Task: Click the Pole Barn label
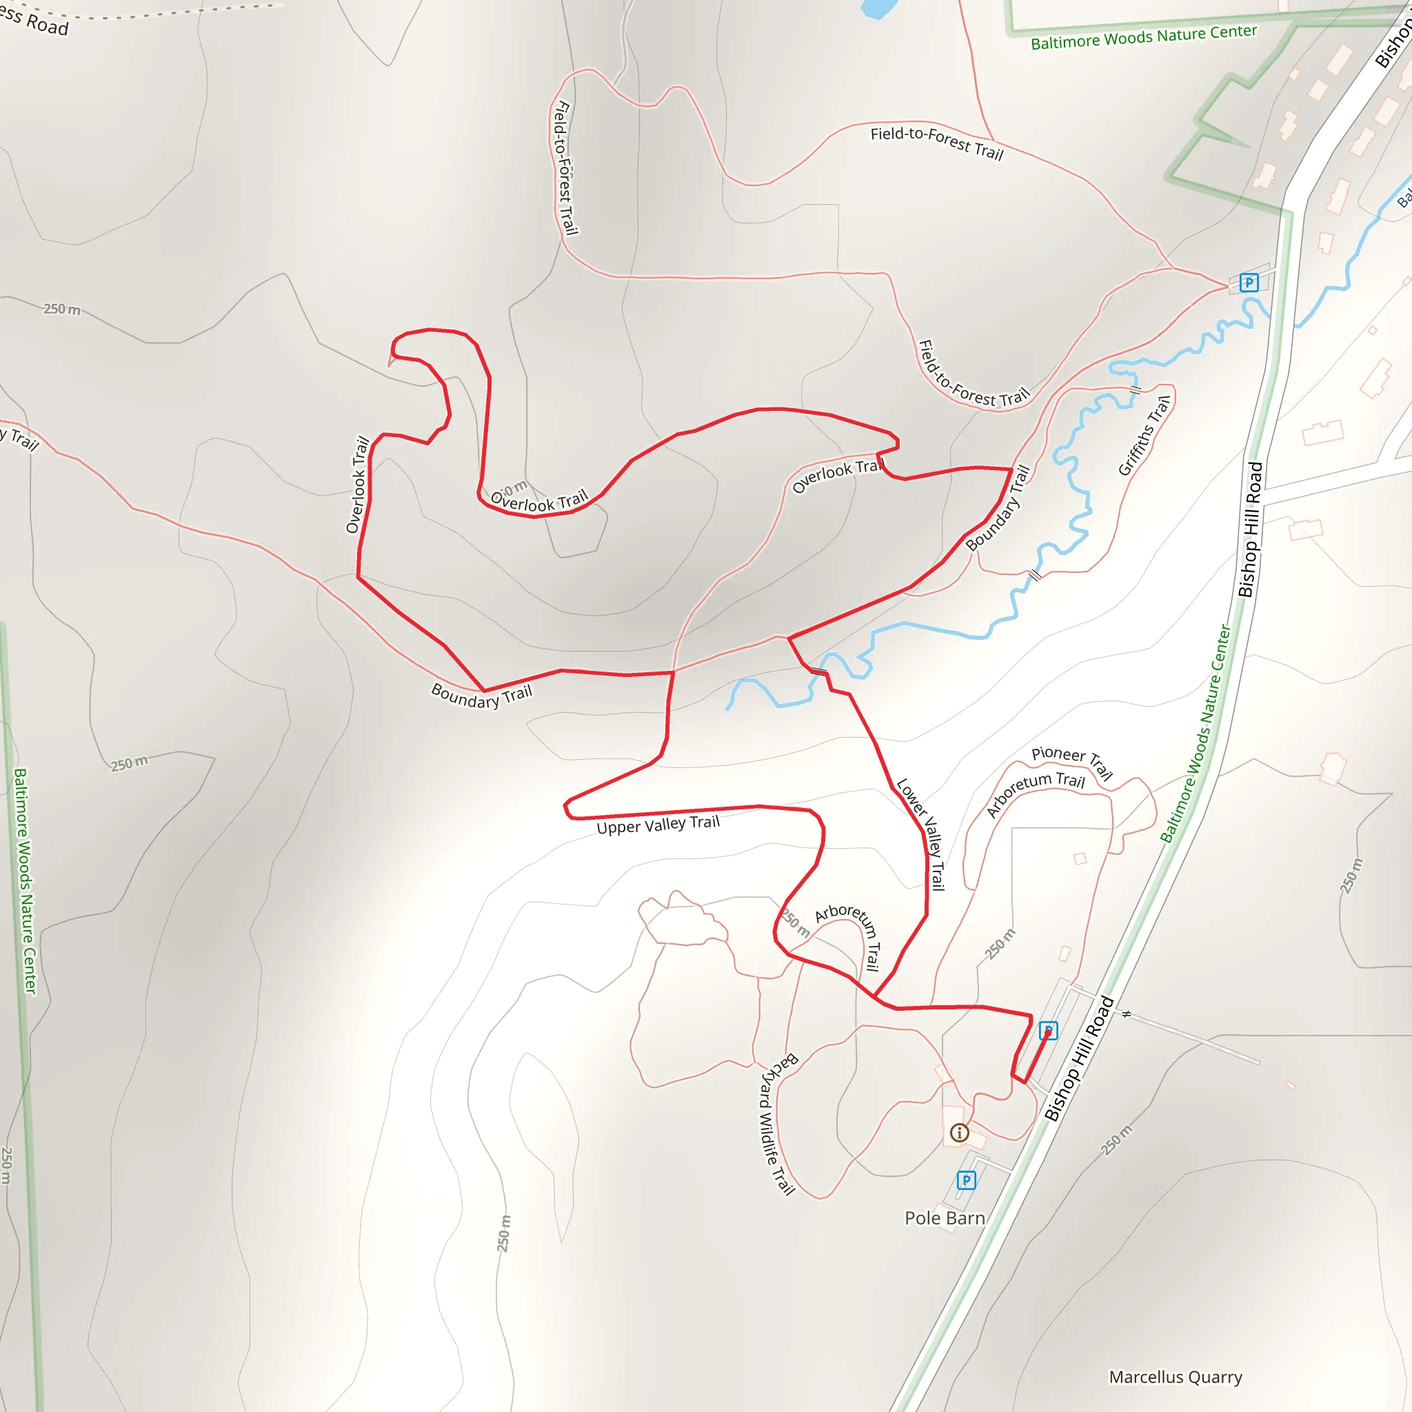click(945, 1218)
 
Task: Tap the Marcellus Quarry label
click(1176, 1377)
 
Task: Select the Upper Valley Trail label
click(658, 825)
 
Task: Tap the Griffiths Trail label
click(1145, 436)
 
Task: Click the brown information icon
click(960, 1133)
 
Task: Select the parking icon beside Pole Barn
click(966, 1180)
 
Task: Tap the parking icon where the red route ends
click(1048, 1031)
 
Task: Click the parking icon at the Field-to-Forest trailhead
click(1249, 282)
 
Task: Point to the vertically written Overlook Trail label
click(357, 485)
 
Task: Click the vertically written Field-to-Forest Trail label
click(564, 168)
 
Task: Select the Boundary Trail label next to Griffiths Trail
click(998, 507)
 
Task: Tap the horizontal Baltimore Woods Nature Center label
click(1144, 37)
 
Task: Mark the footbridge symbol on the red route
click(818, 670)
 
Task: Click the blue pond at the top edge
click(879, 8)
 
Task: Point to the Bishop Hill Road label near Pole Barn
click(1079, 1058)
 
